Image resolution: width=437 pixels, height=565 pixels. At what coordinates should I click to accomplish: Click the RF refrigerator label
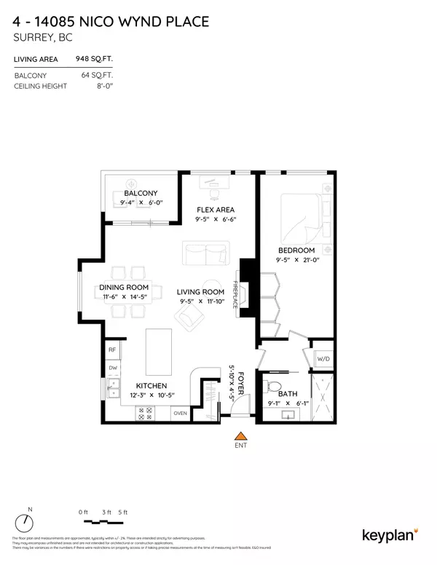(113, 350)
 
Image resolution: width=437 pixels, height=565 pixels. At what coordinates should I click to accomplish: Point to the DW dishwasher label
(113, 368)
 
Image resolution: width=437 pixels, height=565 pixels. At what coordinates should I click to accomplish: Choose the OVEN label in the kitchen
(180, 414)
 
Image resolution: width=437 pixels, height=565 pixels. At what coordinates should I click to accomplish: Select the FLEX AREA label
(215, 208)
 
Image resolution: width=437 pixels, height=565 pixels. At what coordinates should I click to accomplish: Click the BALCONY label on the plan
(141, 194)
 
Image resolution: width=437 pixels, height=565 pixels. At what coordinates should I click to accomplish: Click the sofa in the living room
(206, 255)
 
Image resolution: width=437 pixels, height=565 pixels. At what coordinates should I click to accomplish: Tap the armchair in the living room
(192, 316)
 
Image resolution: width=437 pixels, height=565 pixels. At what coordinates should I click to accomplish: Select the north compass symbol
(26, 522)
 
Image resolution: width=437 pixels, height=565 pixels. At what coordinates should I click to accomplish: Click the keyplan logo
(390, 535)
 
